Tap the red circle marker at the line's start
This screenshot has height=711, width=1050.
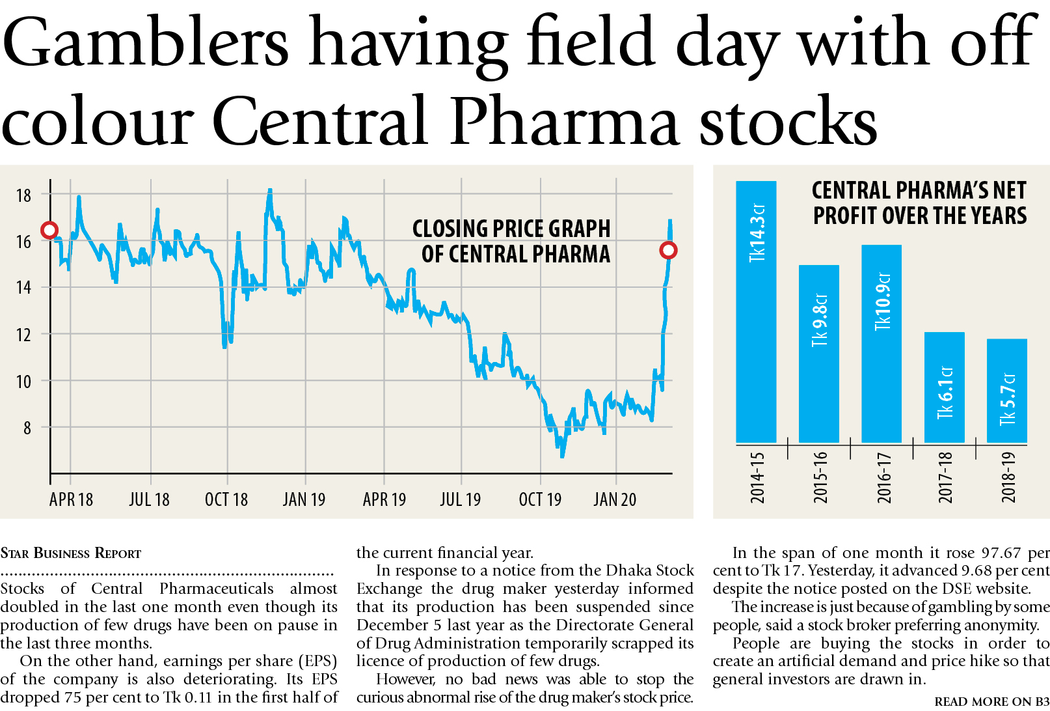[49, 230]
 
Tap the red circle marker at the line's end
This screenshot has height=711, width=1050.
[668, 250]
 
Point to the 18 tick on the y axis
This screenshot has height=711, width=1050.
[23, 195]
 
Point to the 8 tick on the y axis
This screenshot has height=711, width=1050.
[27, 428]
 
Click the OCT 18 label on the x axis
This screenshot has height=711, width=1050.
[226, 499]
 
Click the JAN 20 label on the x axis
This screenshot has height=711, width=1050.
[615, 499]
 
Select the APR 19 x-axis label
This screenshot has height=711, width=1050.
[384, 499]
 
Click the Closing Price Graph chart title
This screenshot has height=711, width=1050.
[511, 241]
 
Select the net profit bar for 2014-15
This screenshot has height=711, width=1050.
[756, 313]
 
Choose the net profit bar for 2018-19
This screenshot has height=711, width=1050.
[1007, 391]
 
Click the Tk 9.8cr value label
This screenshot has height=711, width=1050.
[820, 320]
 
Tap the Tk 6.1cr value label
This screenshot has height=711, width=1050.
[945, 393]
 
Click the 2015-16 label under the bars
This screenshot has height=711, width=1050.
[820, 477]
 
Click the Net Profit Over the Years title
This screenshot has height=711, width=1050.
[919, 202]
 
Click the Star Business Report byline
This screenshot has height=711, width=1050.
[71, 553]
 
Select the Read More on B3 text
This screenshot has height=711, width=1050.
[991, 701]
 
